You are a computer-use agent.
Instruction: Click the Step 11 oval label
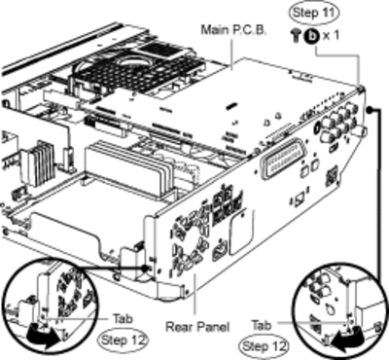tap(313, 13)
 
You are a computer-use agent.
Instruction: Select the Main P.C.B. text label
tap(233, 30)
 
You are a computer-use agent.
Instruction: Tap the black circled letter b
tap(312, 35)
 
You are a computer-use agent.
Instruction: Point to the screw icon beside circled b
tap(296, 35)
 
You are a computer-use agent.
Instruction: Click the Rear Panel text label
tap(197, 326)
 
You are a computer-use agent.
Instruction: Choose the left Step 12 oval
tap(123, 341)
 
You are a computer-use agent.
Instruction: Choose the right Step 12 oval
tap(265, 346)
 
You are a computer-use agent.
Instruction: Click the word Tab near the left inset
tap(123, 319)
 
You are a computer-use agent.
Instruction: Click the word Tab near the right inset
tap(262, 325)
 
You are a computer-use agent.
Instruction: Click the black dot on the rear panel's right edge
tap(370, 110)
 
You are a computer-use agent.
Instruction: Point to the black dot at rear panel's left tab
tap(145, 268)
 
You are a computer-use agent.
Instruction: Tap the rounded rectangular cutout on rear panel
tap(241, 232)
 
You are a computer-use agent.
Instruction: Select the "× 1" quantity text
tap(331, 35)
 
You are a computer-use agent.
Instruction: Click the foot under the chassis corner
tap(168, 293)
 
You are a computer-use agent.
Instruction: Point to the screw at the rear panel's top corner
tap(360, 89)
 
